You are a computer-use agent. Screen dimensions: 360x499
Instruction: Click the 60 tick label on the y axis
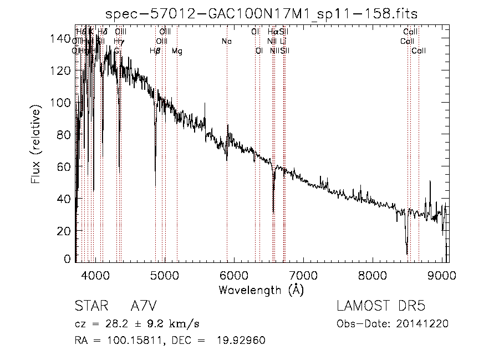pyautogui.click(x=65, y=166)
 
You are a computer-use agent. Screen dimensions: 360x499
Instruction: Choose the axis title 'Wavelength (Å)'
pyautogui.click(x=261, y=290)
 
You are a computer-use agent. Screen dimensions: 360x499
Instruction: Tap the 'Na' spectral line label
pyautogui.click(x=226, y=42)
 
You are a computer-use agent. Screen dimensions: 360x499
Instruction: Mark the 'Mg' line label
pyautogui.click(x=176, y=51)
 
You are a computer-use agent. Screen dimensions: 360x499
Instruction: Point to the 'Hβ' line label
pyautogui.click(x=155, y=51)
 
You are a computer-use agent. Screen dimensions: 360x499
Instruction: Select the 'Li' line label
pyautogui.click(x=283, y=42)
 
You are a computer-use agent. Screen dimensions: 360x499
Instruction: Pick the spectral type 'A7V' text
pyautogui.click(x=142, y=307)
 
